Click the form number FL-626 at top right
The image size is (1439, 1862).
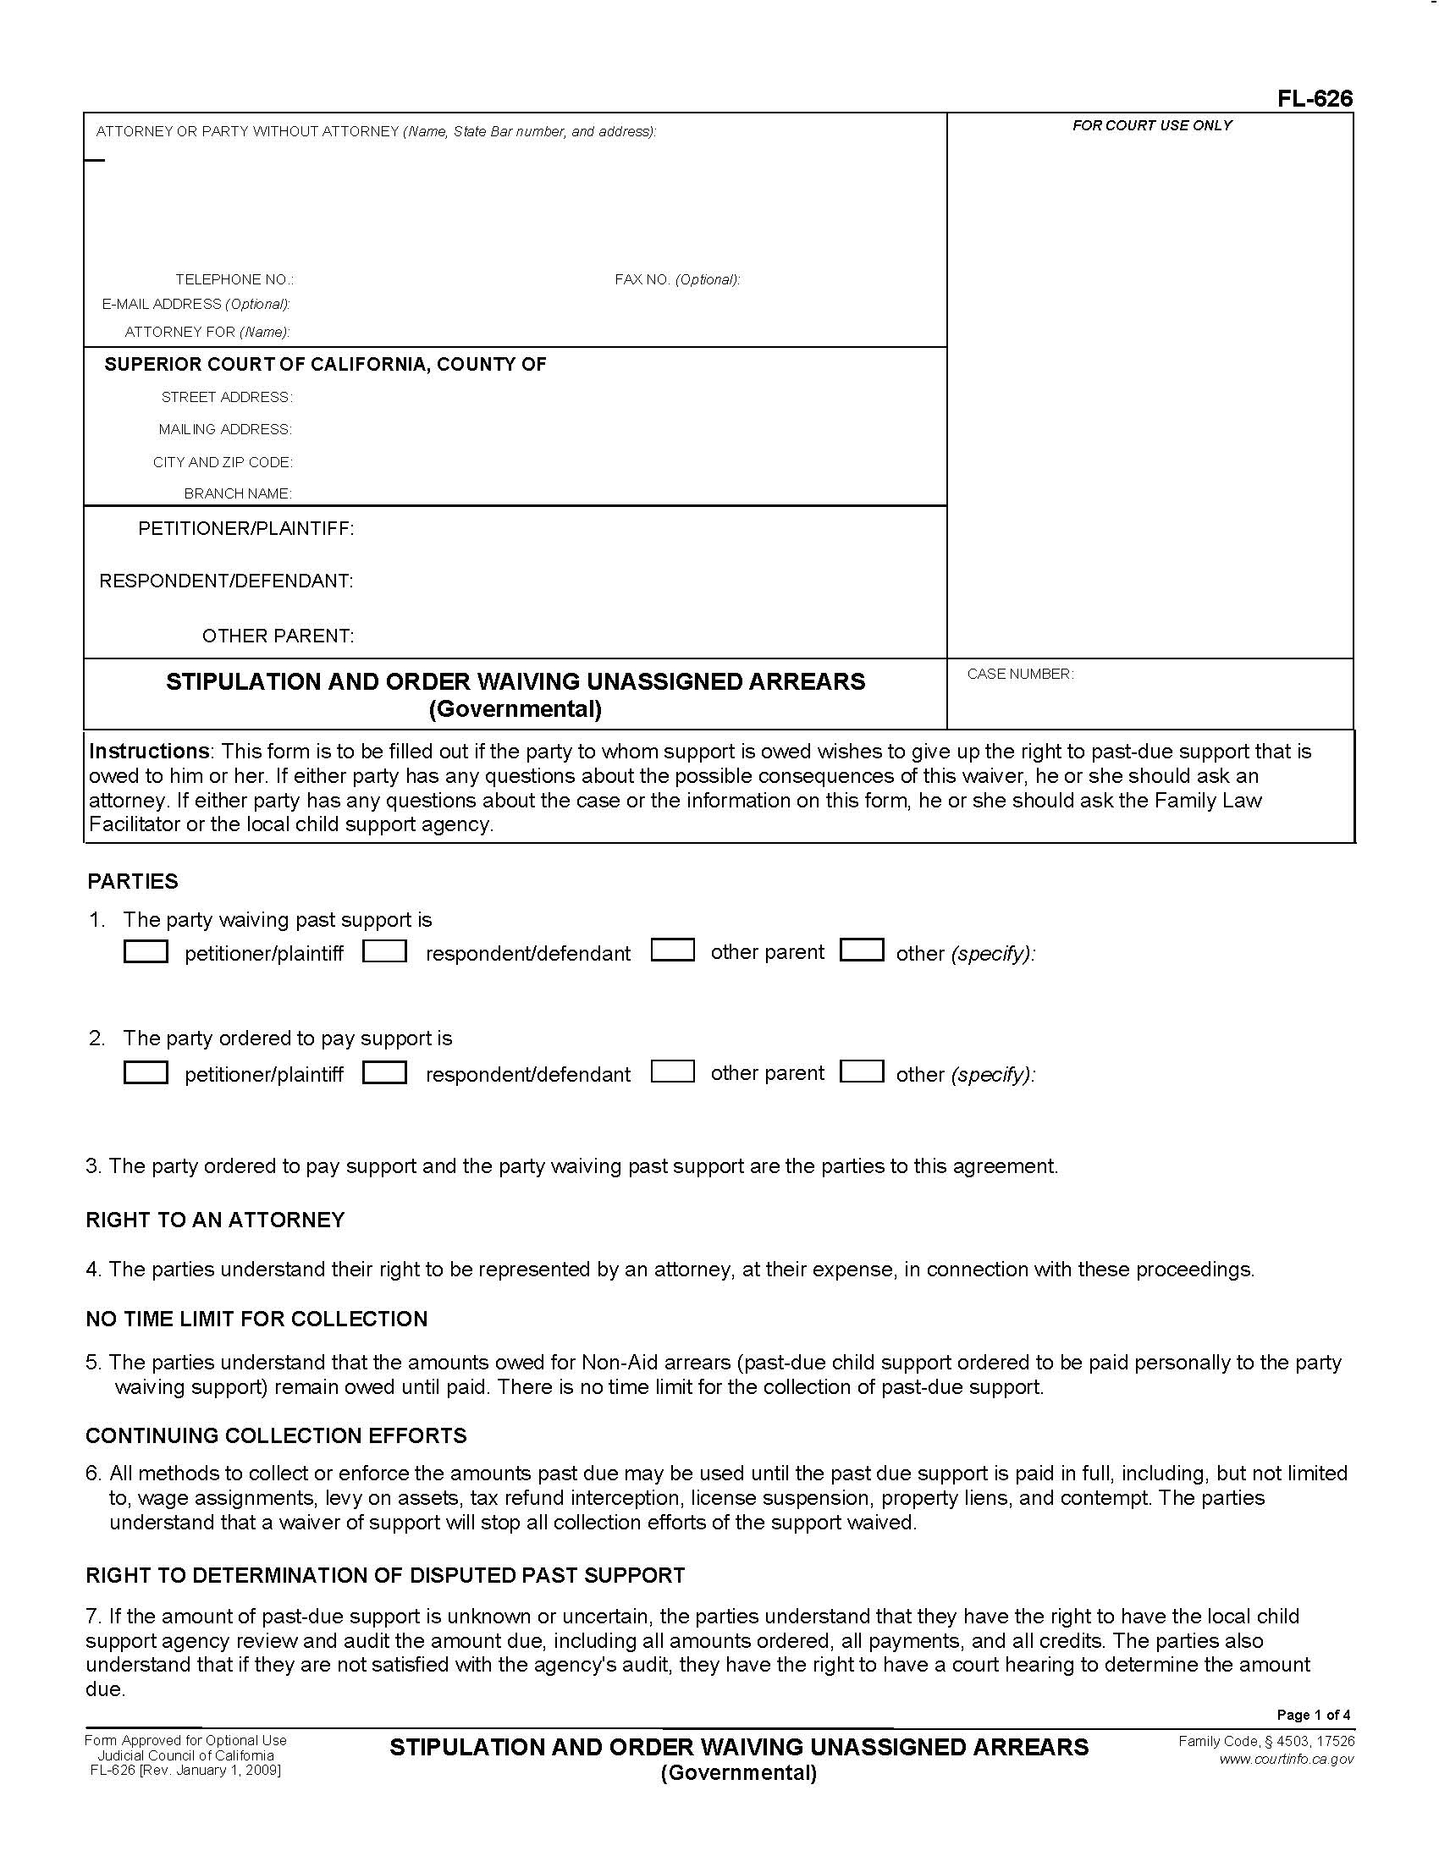(x=1314, y=99)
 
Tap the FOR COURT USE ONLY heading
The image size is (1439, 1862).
(x=1152, y=125)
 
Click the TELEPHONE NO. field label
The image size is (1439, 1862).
(x=234, y=279)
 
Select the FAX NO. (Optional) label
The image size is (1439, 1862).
(x=677, y=279)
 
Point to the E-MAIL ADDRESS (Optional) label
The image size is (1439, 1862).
(x=196, y=305)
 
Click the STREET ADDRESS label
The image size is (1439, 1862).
(x=227, y=397)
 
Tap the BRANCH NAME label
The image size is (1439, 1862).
(x=238, y=493)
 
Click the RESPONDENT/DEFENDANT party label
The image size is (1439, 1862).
(x=226, y=581)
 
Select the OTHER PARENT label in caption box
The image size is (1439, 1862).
(x=278, y=636)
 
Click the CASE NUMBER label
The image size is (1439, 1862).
(x=1020, y=674)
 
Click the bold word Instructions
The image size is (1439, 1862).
(x=148, y=751)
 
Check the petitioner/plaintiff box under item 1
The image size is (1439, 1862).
(x=146, y=951)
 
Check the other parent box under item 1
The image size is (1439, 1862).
(x=673, y=950)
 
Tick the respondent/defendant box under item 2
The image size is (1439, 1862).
(x=384, y=1071)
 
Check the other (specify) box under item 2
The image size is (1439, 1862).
(x=861, y=1071)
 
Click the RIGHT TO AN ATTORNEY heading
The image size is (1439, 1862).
(x=215, y=1220)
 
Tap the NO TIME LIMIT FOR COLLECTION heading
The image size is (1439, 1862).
(x=256, y=1319)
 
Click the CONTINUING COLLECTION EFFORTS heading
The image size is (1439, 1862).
(x=276, y=1435)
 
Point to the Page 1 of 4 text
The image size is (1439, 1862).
(x=1313, y=1715)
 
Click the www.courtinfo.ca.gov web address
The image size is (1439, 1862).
(x=1286, y=1759)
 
